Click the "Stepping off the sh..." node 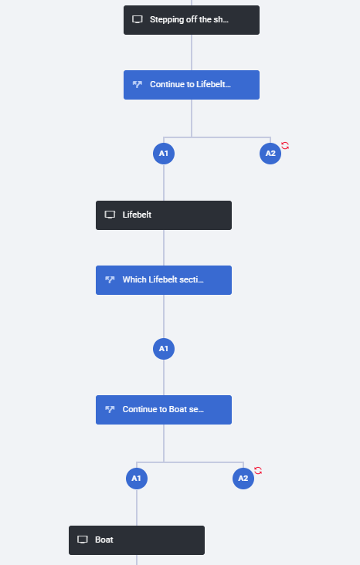[x=192, y=20]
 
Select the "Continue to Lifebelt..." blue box [x=192, y=85]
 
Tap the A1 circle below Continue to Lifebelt [x=164, y=154]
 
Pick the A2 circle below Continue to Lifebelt [x=270, y=154]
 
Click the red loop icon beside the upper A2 [x=285, y=146]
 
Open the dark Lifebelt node [x=164, y=215]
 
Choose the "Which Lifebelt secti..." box [x=164, y=280]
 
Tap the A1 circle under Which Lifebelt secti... [x=164, y=349]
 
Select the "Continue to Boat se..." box [x=164, y=410]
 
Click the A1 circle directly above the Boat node [x=137, y=479]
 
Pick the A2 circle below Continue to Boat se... [x=243, y=479]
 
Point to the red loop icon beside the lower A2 [x=258, y=471]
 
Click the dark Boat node [x=137, y=540]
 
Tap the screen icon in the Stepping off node [x=138, y=19]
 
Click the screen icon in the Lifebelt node [x=110, y=215]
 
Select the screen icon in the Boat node [x=83, y=540]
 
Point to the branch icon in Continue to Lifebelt [x=138, y=84]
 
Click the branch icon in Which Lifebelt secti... [x=110, y=279]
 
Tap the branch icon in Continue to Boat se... [x=110, y=409]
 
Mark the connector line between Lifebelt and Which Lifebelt [x=164, y=248]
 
